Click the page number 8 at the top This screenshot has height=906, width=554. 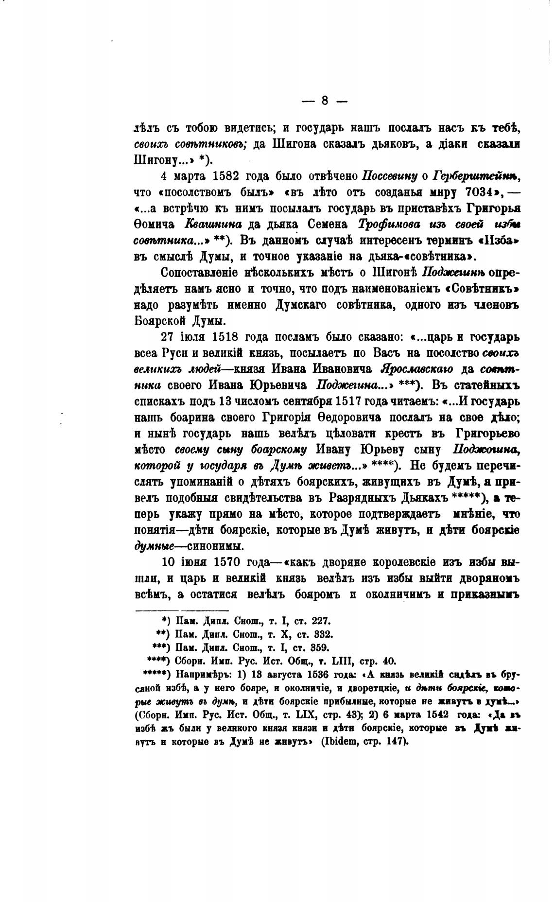click(325, 101)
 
